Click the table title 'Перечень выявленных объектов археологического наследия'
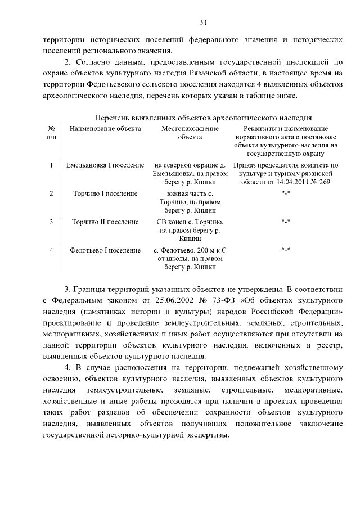(203, 118)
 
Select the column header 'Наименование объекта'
(105, 129)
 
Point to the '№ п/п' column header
(51, 133)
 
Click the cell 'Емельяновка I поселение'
(105, 165)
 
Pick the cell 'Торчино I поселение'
(105, 193)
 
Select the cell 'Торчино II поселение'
(105, 222)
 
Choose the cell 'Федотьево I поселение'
(105, 250)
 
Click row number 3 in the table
(51, 222)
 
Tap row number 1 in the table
(51, 165)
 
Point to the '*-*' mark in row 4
(286, 250)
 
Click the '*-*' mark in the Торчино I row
(286, 193)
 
